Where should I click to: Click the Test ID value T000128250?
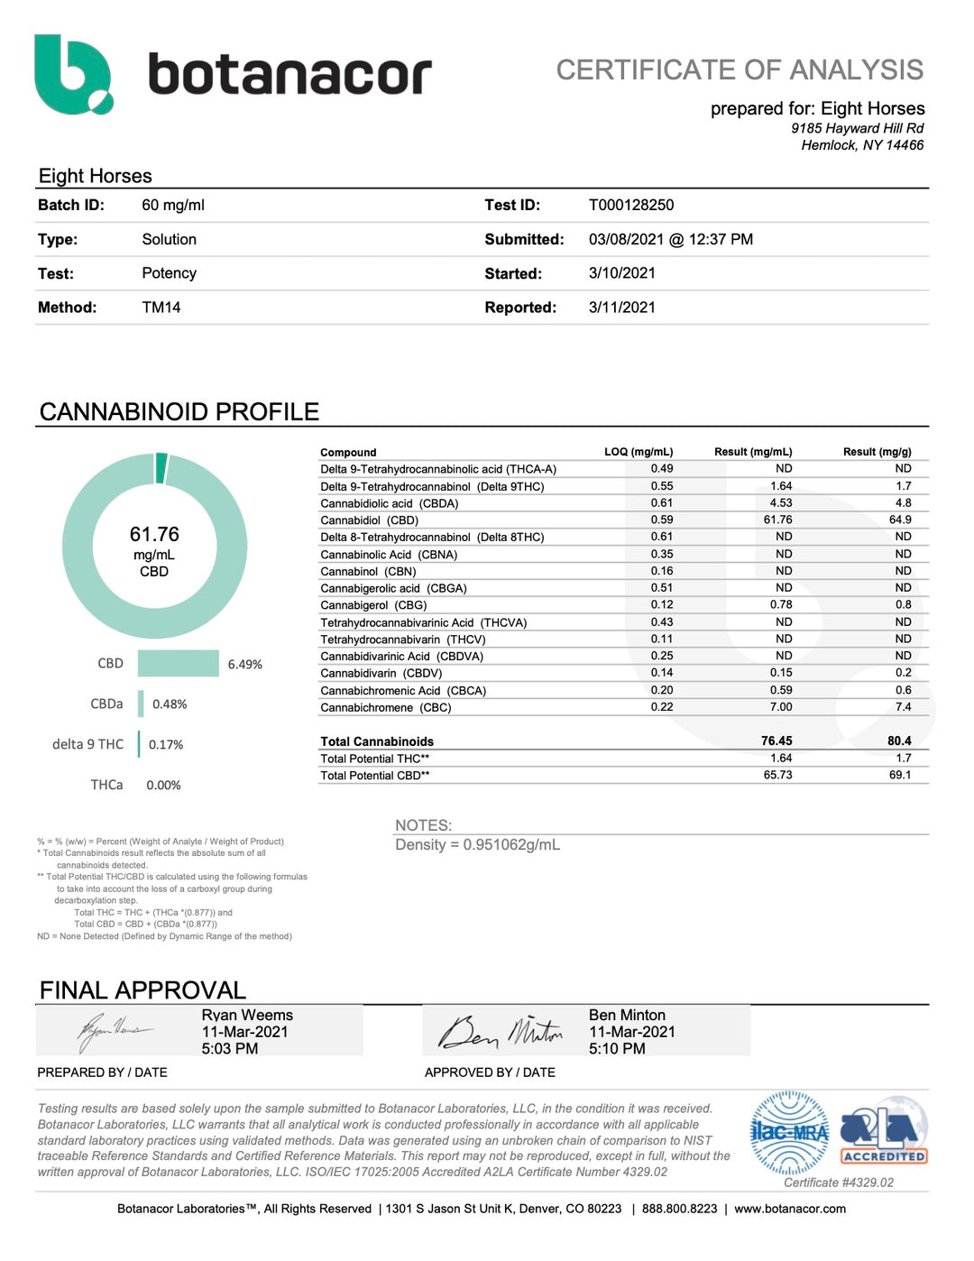click(631, 205)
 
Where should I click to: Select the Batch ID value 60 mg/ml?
click(173, 205)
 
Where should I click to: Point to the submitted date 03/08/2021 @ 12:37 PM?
click(670, 239)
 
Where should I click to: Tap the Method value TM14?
click(161, 308)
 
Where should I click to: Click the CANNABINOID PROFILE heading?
click(179, 412)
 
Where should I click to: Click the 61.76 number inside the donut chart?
click(154, 534)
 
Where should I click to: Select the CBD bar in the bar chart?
click(179, 663)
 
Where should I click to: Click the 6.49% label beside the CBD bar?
click(245, 665)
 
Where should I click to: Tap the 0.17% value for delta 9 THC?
click(166, 745)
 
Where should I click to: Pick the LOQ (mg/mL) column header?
click(639, 452)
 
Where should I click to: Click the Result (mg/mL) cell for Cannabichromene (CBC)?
click(781, 707)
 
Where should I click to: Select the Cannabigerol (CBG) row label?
click(373, 605)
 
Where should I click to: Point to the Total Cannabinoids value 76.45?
click(776, 741)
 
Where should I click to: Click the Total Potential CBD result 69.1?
click(900, 775)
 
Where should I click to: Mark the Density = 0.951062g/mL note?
click(477, 845)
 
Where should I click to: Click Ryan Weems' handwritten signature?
click(115, 1031)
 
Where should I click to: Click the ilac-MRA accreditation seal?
click(789, 1133)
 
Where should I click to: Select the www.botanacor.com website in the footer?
click(790, 1209)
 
